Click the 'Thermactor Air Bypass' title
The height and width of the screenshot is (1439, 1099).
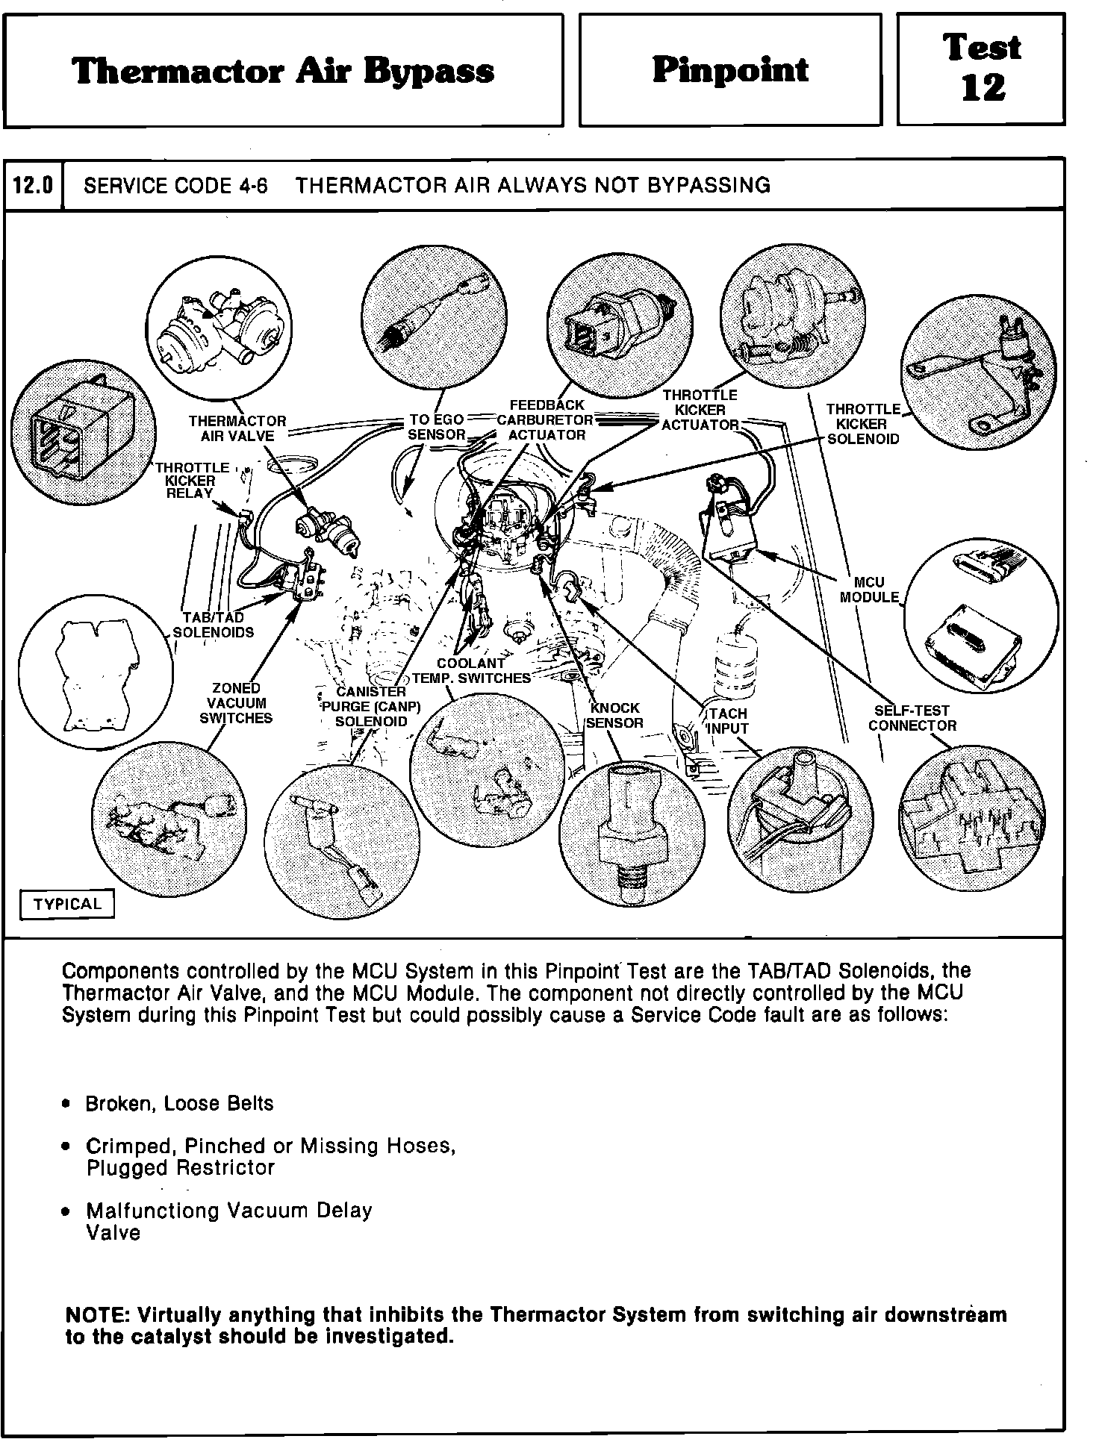pyautogui.click(x=283, y=71)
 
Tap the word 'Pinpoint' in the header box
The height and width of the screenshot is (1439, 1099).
pyautogui.click(x=729, y=69)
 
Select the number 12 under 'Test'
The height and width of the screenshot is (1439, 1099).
pyautogui.click(x=983, y=88)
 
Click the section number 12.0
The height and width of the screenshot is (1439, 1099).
pyautogui.click(x=34, y=185)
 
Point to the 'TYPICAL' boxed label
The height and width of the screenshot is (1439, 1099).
pyautogui.click(x=66, y=904)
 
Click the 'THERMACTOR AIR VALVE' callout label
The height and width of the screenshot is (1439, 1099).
pyautogui.click(x=237, y=428)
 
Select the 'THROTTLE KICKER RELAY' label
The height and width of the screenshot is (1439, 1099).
pyautogui.click(x=192, y=481)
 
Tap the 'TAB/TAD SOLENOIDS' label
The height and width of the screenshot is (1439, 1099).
pyautogui.click(x=214, y=625)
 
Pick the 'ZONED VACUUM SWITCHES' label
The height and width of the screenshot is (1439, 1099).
pyautogui.click(x=236, y=703)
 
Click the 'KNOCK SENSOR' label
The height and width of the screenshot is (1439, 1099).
pyautogui.click(x=614, y=715)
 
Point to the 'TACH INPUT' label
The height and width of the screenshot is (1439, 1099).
pyautogui.click(x=727, y=721)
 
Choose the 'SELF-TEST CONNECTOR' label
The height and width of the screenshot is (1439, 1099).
pyautogui.click(x=912, y=718)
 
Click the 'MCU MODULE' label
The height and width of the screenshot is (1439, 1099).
pyautogui.click(x=869, y=590)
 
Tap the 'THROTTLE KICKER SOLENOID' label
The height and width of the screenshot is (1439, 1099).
pyautogui.click(x=863, y=424)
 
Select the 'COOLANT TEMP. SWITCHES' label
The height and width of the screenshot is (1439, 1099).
pyautogui.click(x=472, y=670)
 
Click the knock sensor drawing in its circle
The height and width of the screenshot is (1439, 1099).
pyautogui.click(x=630, y=828)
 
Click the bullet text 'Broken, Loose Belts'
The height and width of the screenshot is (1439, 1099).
pyautogui.click(x=179, y=1103)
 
